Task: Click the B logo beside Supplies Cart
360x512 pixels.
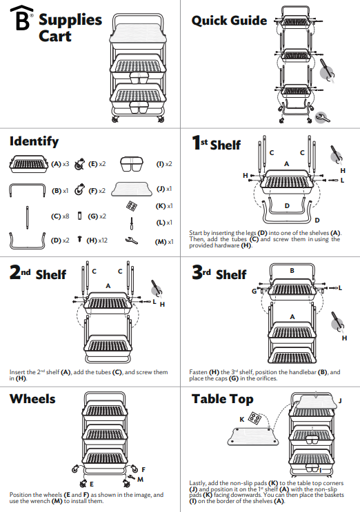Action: [23, 21]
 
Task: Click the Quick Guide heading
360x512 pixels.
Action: [229, 21]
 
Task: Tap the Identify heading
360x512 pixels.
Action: [34, 141]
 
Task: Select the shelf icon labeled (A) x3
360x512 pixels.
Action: [30, 164]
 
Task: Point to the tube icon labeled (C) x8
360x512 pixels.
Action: [26, 216]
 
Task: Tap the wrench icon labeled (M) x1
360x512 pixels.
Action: [131, 240]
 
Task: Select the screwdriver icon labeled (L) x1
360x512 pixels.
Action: [132, 223]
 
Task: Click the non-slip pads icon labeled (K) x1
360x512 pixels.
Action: [131, 206]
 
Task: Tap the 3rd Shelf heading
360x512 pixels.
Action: [219, 274]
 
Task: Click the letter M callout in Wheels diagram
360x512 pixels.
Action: [140, 478]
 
